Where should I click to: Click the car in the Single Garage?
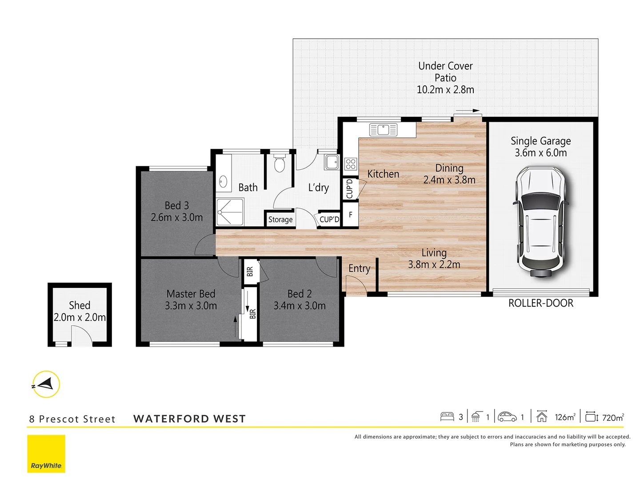(540, 222)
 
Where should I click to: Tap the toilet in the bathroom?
(279, 164)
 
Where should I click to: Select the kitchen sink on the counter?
(384, 130)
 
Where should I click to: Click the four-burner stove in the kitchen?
(350, 164)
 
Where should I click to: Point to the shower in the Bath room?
(230, 212)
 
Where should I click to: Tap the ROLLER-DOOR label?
(540, 303)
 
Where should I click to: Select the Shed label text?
(80, 305)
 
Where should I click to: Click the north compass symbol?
(46, 384)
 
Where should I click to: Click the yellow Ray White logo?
(46, 454)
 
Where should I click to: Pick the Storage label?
(280, 220)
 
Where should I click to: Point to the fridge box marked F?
(350, 215)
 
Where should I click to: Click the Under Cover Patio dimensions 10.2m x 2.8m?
(445, 90)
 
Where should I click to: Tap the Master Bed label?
(191, 294)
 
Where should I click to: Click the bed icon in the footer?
(447, 417)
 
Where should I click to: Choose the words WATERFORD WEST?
(189, 419)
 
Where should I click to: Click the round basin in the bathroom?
(223, 181)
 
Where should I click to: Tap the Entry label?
(359, 268)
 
